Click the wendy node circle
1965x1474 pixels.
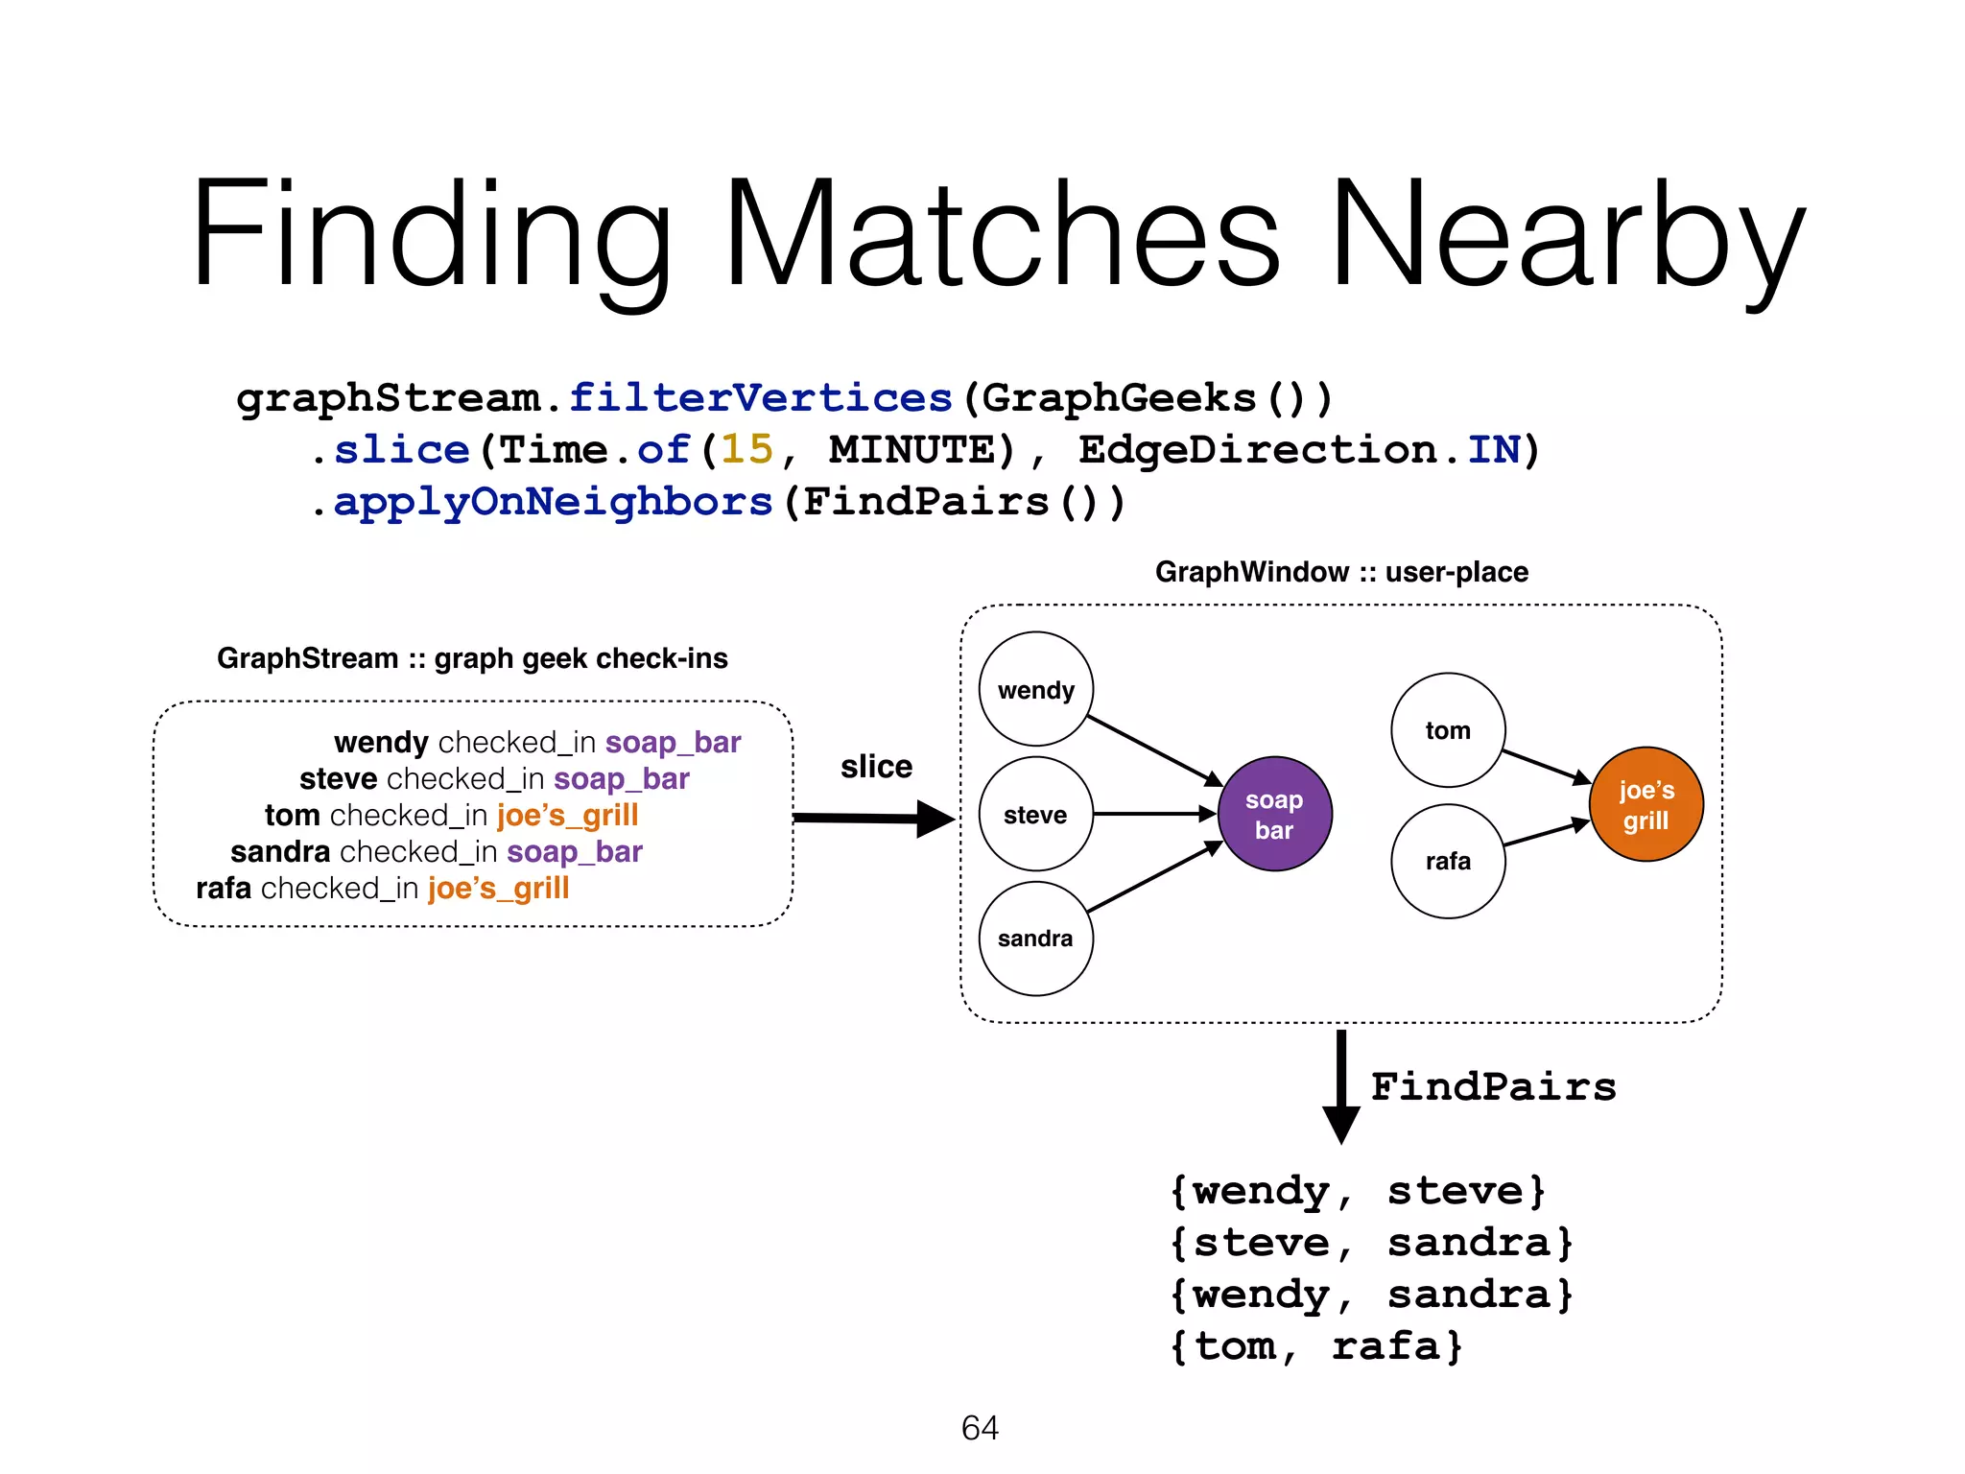click(1035, 689)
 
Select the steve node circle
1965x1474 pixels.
click(1035, 814)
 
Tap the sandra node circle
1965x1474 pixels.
click(1035, 938)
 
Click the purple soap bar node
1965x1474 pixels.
click(1274, 814)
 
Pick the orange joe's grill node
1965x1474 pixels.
click(1645, 804)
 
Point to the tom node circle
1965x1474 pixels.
click(1448, 730)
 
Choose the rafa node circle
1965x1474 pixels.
click(1448, 861)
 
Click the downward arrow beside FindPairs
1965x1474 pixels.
click(1340, 1084)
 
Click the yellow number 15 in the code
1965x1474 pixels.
click(746, 449)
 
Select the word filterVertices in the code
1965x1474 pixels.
click(760, 397)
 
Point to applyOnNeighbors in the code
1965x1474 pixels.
click(553, 501)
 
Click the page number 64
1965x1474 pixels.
click(980, 1428)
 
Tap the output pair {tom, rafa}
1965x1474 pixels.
click(1315, 1346)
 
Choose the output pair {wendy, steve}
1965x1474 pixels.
click(1357, 1191)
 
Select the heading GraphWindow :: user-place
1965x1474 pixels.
click(1340, 572)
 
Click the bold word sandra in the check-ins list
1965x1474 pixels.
click(280, 851)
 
